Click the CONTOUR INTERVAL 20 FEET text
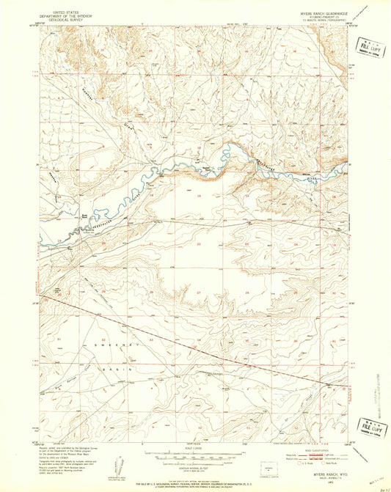point(196,456)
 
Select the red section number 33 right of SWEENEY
point(150,339)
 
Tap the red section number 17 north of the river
point(103,195)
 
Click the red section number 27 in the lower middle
point(198,292)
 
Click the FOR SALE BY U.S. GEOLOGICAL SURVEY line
point(195,481)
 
